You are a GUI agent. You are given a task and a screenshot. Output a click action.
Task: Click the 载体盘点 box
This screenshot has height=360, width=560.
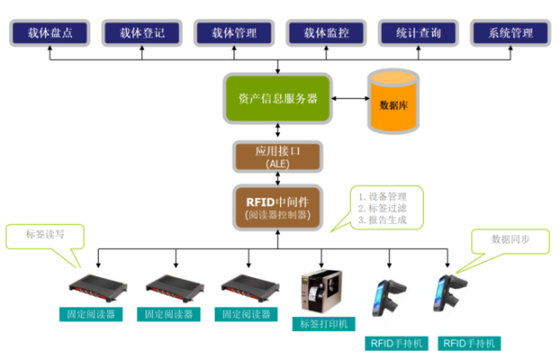click(x=51, y=33)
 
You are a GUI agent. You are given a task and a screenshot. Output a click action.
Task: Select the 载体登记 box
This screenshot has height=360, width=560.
click(x=143, y=33)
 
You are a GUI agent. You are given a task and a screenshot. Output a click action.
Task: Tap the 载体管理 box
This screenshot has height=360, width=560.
click(x=234, y=33)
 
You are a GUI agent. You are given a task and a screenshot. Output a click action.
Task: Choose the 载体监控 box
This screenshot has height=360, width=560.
click(x=326, y=33)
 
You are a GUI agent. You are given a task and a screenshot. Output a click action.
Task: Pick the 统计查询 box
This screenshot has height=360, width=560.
click(x=417, y=33)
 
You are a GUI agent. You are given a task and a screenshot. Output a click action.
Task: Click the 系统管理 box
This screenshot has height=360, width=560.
click(x=510, y=33)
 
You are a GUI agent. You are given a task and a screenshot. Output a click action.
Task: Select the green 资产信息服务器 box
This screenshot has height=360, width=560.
click(x=277, y=98)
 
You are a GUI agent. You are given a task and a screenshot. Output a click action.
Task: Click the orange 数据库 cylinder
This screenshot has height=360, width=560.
click(x=394, y=101)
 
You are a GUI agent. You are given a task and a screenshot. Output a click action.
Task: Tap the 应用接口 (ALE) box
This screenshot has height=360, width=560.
click(x=278, y=156)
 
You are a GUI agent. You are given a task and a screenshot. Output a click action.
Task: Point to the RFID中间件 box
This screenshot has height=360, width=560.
click(x=277, y=208)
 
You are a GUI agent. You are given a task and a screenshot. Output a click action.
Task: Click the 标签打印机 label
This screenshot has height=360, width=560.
click(x=322, y=324)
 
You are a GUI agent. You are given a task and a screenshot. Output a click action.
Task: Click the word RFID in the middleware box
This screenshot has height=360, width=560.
click(x=260, y=201)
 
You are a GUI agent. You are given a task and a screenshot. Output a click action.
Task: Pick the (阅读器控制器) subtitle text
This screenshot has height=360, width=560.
click(x=277, y=215)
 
